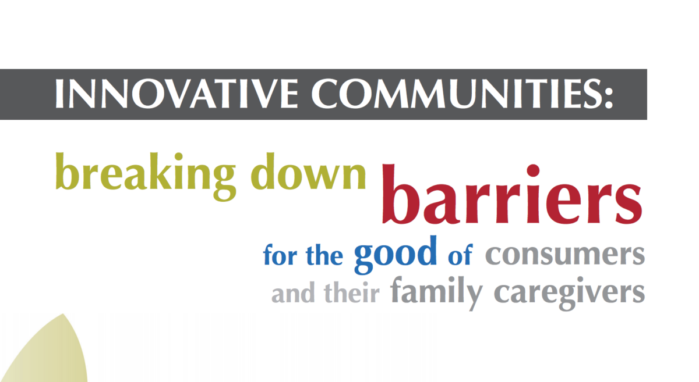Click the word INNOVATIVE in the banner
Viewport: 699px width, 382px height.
[x=176, y=94]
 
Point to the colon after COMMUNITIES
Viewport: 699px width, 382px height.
[x=609, y=95]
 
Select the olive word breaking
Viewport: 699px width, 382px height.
[x=146, y=176]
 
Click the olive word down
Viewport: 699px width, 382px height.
[x=308, y=171]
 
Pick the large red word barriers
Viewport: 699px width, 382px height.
[x=512, y=194]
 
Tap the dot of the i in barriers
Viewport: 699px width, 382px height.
[x=533, y=170]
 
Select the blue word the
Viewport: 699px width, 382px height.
[x=324, y=254]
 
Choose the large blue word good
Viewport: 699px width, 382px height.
[x=396, y=255]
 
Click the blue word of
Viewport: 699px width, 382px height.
[x=461, y=254]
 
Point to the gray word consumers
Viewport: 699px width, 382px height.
[x=565, y=255]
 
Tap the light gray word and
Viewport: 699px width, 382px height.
[x=293, y=292]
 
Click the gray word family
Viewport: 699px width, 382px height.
[x=436, y=293]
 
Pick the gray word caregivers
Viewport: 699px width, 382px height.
[x=570, y=294]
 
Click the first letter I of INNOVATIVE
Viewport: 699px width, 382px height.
[x=59, y=94]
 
